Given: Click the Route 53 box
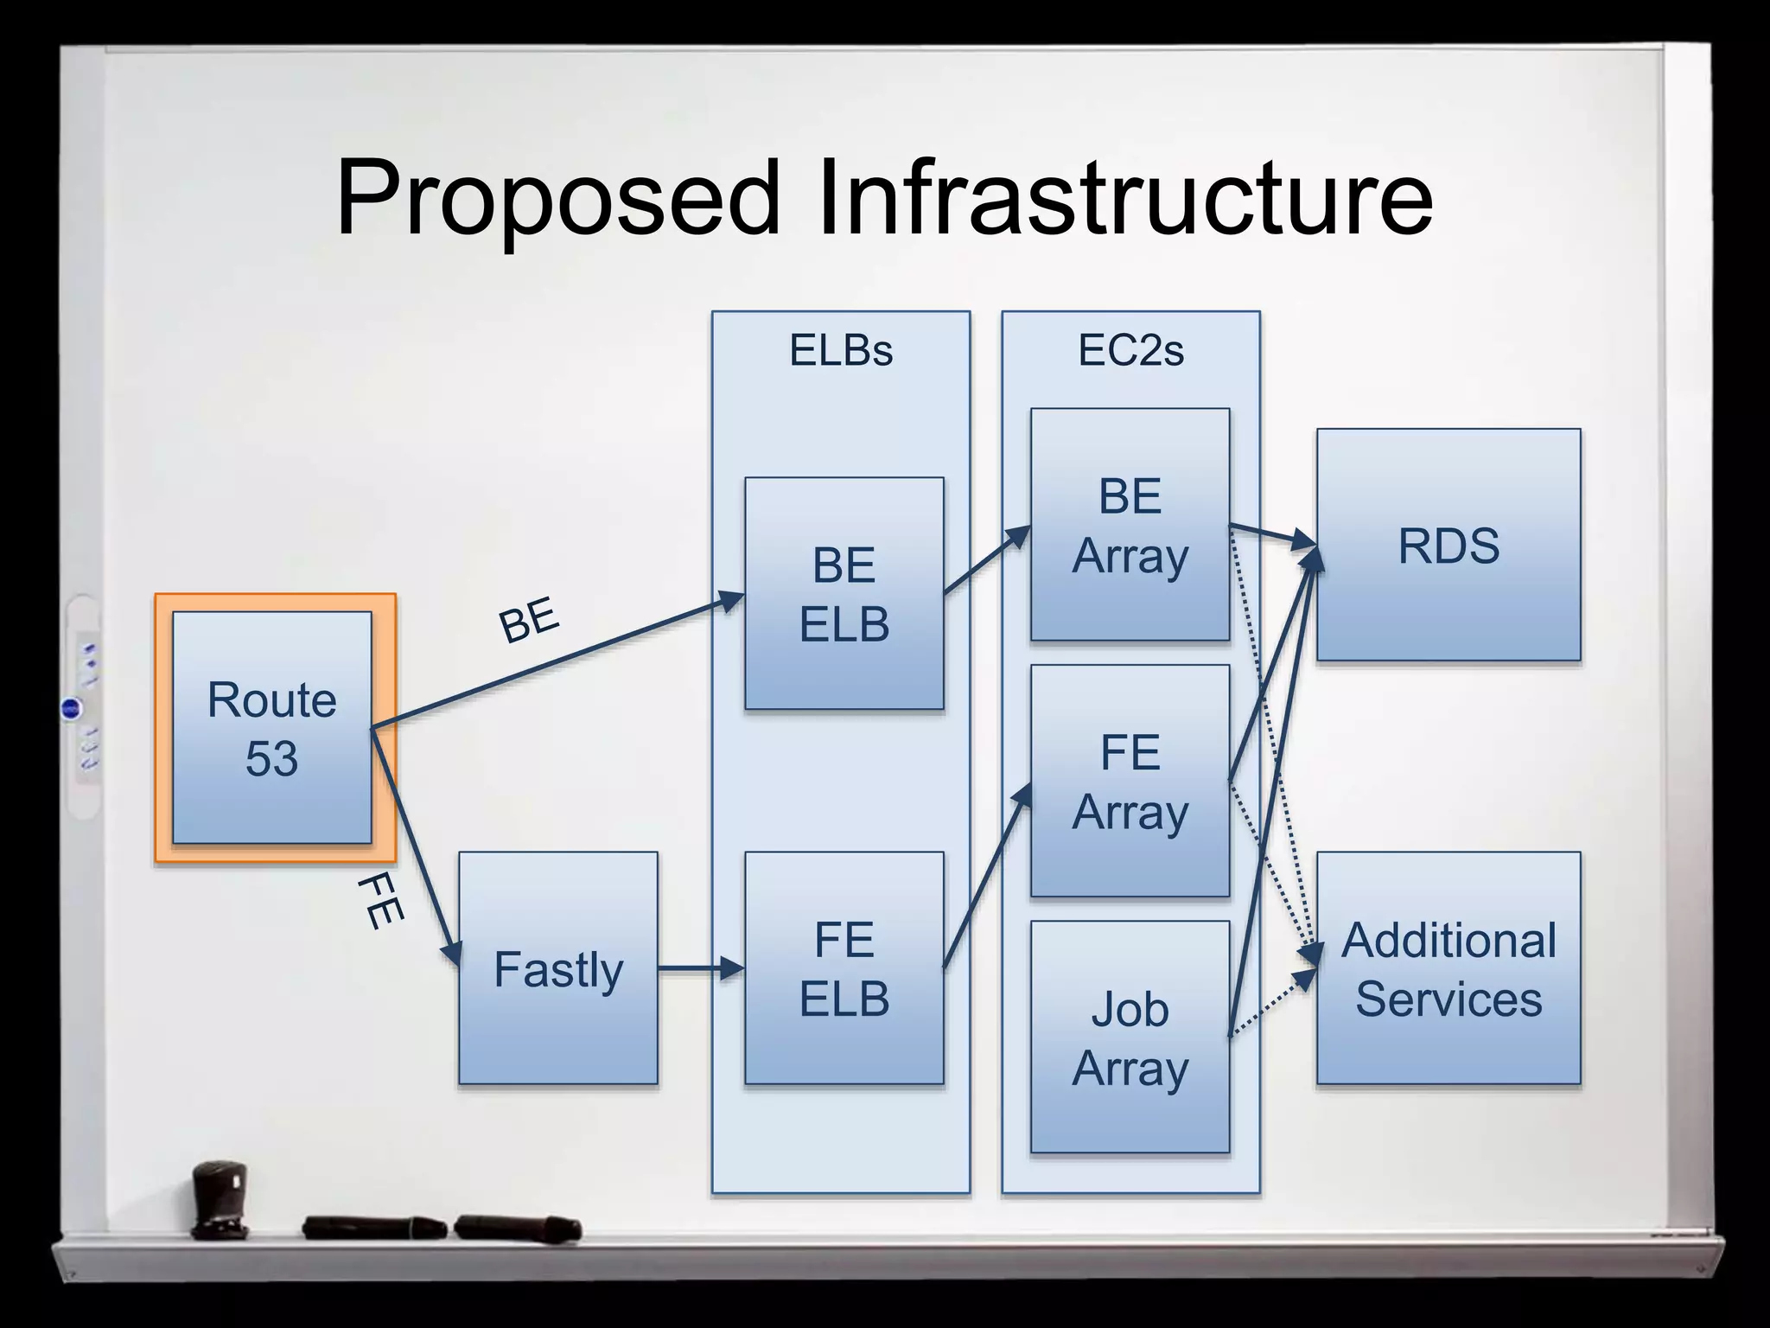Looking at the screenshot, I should point(272,728).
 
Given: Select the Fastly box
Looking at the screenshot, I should point(558,968).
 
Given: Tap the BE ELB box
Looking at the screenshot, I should point(844,594).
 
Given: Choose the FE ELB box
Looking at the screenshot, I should point(844,968).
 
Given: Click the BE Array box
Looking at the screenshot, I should point(1130,525).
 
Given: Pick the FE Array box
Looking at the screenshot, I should point(1130,781).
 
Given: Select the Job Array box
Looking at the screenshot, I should point(1130,1037).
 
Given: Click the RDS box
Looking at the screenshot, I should point(1448,546).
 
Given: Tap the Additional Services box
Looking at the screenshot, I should point(1448,968).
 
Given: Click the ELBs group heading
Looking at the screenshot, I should point(841,350).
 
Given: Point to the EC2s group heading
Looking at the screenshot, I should point(1130,350).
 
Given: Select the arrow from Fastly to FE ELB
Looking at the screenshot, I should point(700,968).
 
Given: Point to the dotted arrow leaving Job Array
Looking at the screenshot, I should point(1272,1003).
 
